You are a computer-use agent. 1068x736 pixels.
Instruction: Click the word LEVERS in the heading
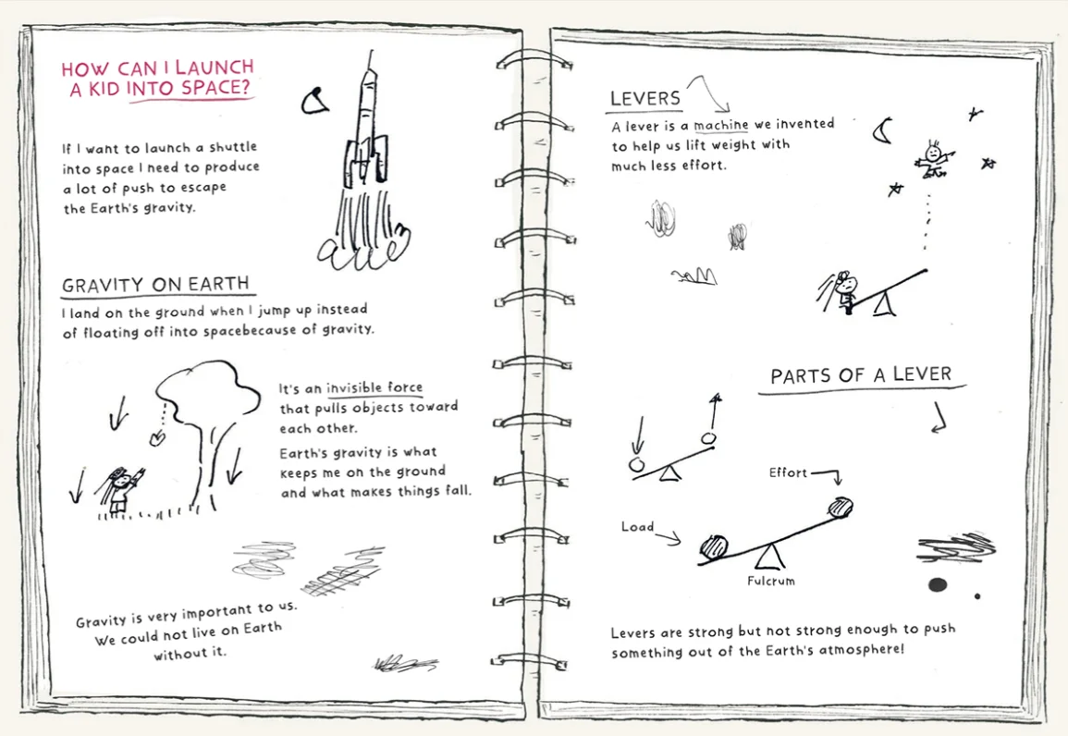coord(645,98)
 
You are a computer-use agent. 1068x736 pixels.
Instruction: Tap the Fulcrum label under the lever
coord(770,581)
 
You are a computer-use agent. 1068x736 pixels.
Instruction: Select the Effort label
coord(788,472)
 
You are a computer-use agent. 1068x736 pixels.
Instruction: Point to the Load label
coord(637,526)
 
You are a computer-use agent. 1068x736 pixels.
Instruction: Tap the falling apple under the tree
coord(156,438)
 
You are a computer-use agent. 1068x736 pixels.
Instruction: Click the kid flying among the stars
coord(932,160)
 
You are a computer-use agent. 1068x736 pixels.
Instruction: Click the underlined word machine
coord(720,125)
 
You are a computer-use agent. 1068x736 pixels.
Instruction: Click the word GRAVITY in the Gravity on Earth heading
coord(103,285)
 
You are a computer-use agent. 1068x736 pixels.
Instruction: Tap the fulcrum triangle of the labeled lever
coord(770,556)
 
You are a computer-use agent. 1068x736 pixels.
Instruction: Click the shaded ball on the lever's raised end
coord(841,508)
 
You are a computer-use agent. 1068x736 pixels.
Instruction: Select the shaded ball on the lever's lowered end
coord(714,547)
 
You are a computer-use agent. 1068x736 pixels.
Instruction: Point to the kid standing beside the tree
coord(120,489)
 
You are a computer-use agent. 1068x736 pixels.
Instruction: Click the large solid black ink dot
coord(938,585)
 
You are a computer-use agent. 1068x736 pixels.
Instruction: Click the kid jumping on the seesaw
coord(844,290)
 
